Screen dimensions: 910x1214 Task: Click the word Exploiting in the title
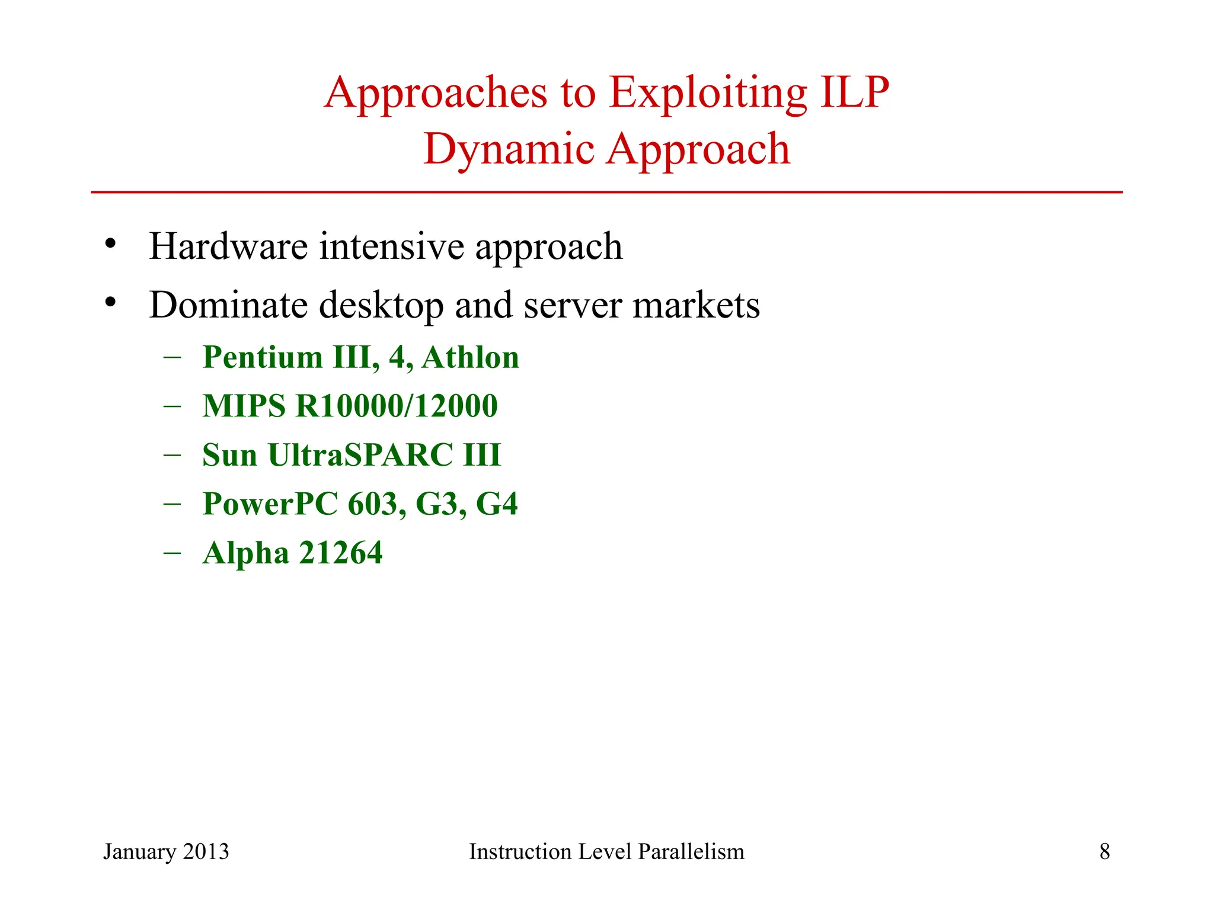tap(708, 93)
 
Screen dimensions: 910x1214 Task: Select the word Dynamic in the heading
tap(509, 150)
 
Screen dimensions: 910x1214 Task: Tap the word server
tap(573, 306)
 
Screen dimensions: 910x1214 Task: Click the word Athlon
tap(470, 357)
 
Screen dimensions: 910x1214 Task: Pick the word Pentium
tap(263, 357)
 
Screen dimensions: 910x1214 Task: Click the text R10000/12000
tap(397, 406)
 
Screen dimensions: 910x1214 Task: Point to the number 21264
tap(341, 553)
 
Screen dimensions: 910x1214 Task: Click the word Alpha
tap(245, 554)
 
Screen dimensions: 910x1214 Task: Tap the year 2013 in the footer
tap(206, 851)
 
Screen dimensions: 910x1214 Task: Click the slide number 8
tap(1104, 851)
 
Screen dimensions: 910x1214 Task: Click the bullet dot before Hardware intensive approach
tap(110, 243)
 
